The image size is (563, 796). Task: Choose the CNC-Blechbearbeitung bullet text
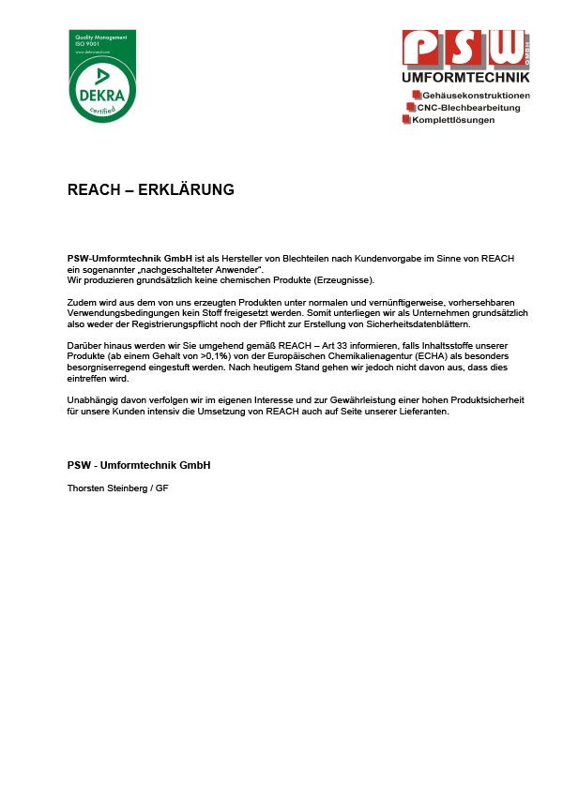(467, 108)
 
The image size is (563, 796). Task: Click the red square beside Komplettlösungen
(406, 120)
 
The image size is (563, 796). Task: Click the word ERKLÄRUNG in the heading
(186, 190)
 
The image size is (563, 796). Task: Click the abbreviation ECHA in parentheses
(376, 357)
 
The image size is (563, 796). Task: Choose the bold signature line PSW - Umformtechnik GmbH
(138, 466)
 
